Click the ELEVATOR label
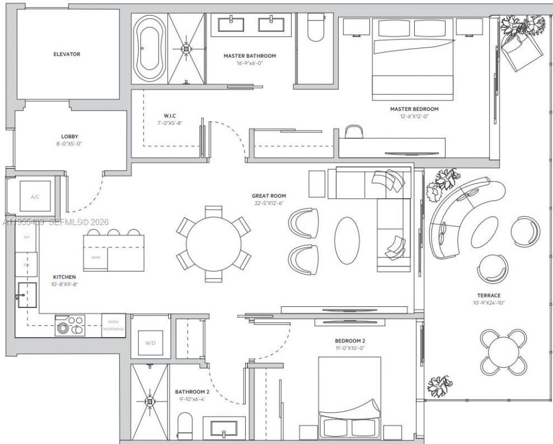[x=67, y=54]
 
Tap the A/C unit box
[x=35, y=197]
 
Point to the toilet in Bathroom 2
[x=185, y=425]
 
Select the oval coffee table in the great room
[x=347, y=240]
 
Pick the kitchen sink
[x=27, y=295]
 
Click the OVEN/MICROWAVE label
[x=114, y=326]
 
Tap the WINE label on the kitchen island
[x=95, y=258]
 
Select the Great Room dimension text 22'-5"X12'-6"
[x=268, y=203]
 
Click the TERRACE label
[x=488, y=295]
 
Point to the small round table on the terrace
[x=503, y=352]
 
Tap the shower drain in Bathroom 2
[x=149, y=401]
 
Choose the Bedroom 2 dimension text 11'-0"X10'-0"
[x=349, y=349]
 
